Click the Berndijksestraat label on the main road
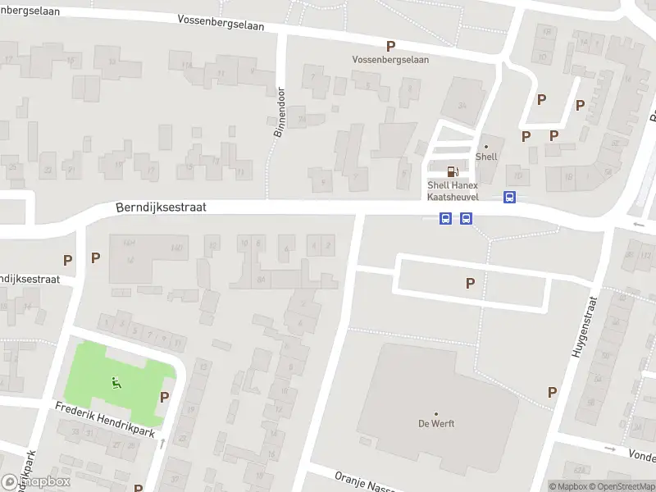160,208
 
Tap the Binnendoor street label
278,112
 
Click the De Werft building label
436,423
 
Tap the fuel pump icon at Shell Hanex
452,171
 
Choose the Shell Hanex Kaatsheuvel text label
453,190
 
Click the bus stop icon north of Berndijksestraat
509,198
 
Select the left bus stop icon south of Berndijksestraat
445,218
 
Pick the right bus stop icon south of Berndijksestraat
466,218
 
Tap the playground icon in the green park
114,381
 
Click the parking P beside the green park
164,397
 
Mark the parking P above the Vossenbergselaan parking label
390,47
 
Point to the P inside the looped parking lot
470,283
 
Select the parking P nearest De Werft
552,393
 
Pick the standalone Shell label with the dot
486,156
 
